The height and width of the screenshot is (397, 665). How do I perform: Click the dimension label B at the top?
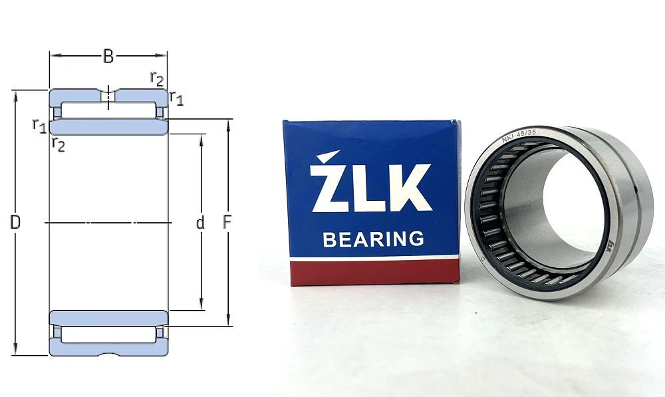[x=108, y=57]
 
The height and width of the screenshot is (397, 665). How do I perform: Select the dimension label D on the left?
[x=15, y=223]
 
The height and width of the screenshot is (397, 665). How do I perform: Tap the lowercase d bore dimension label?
[x=200, y=223]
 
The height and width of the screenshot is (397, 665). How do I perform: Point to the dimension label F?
[x=227, y=223]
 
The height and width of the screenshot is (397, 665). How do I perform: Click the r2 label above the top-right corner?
[x=156, y=78]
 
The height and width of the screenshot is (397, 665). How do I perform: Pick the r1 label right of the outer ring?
[x=176, y=98]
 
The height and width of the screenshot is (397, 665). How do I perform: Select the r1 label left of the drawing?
[x=39, y=124]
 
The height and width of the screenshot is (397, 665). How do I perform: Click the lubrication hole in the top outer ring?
[x=108, y=96]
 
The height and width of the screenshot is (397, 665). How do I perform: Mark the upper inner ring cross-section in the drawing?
[x=108, y=127]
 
